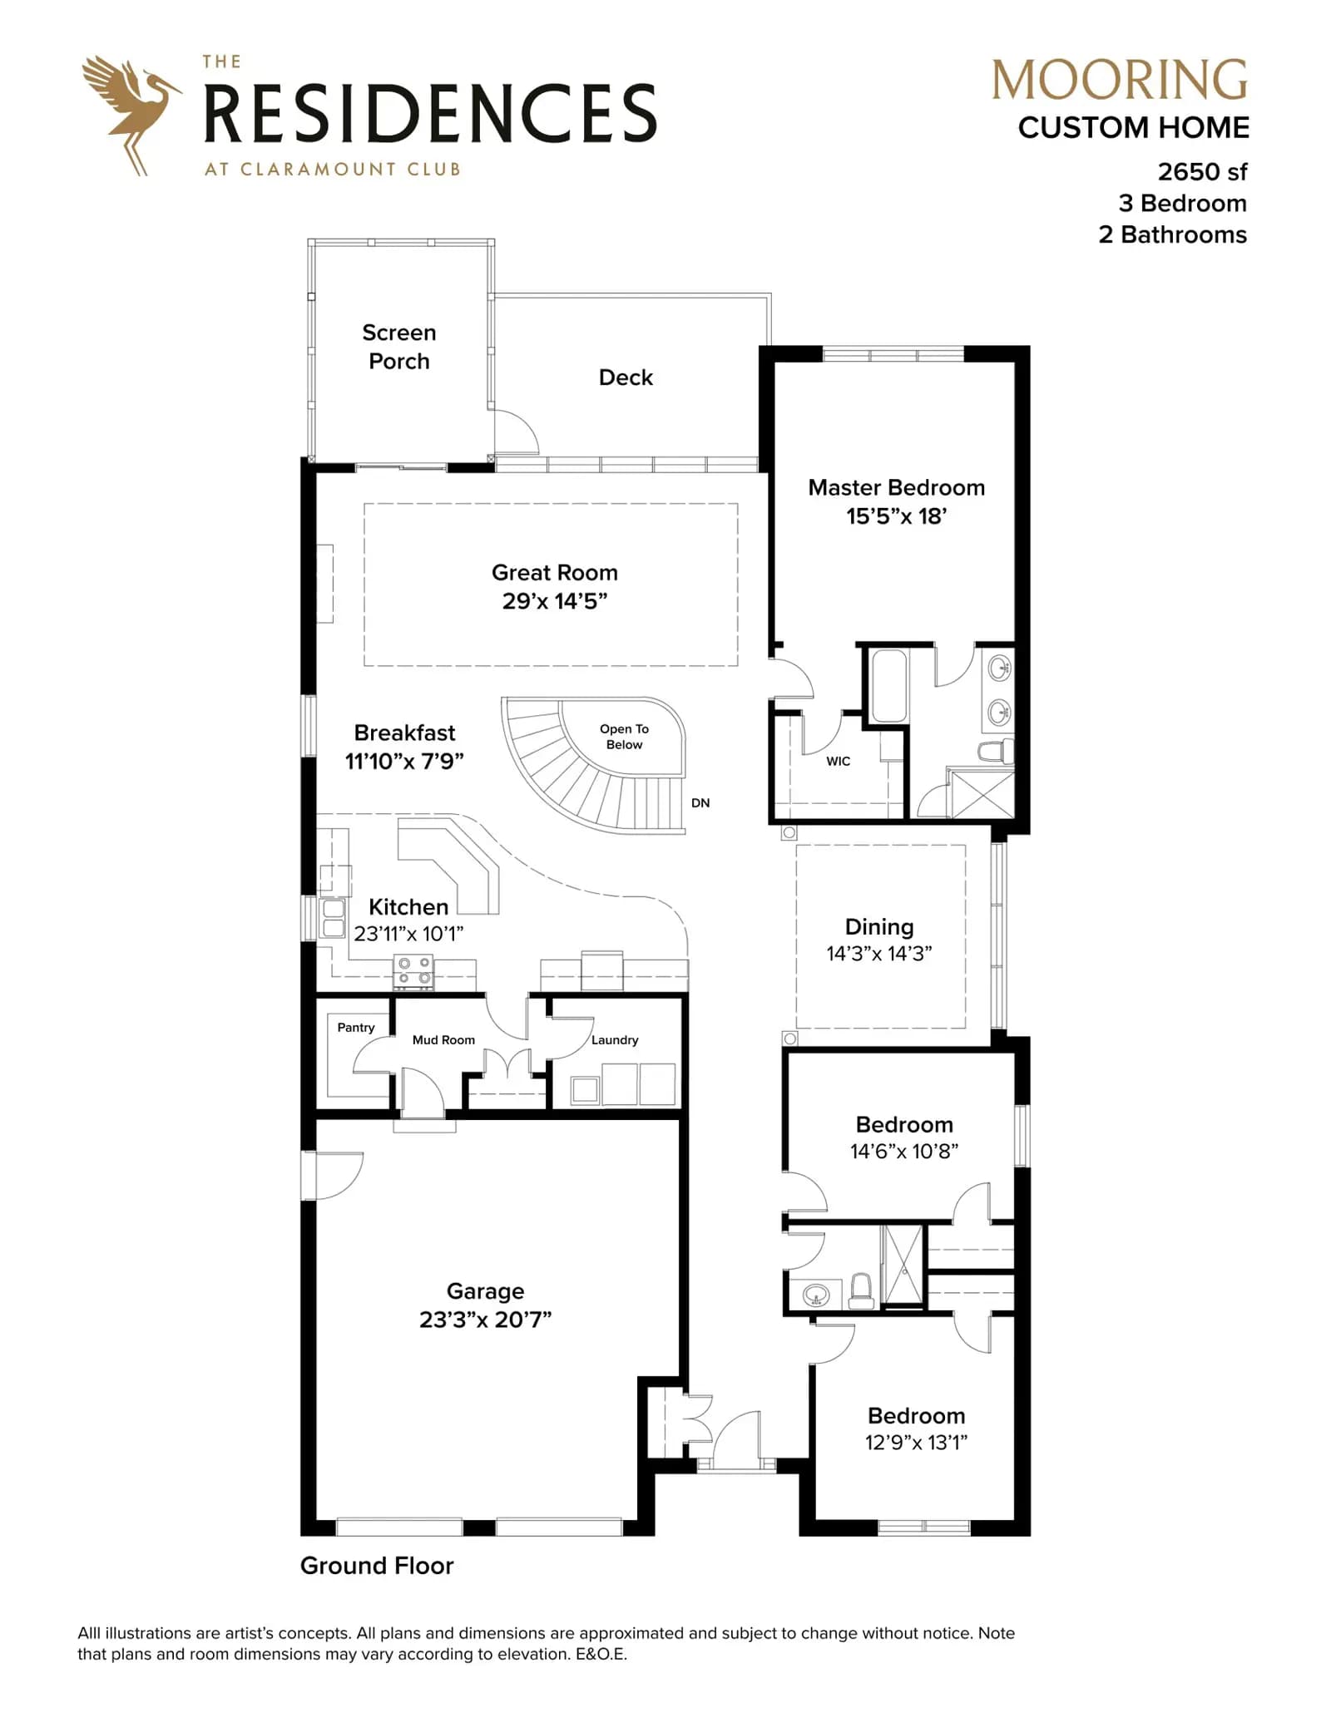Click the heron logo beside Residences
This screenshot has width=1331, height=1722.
click(131, 115)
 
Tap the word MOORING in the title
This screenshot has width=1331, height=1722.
click(1120, 81)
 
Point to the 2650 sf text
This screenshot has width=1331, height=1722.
click(1202, 171)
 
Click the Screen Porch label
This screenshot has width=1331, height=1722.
click(399, 347)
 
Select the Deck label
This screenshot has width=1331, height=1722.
click(626, 377)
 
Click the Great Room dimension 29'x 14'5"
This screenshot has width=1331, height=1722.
click(555, 601)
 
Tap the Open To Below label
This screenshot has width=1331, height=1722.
click(624, 737)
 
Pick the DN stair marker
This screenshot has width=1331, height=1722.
click(700, 803)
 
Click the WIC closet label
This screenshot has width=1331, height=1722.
click(839, 761)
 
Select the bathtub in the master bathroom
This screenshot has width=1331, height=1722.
click(888, 685)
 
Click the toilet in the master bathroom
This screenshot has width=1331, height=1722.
click(996, 752)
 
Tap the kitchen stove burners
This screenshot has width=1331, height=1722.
click(413, 972)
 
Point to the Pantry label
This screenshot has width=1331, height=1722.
click(356, 1028)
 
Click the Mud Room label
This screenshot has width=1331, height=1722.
click(443, 1040)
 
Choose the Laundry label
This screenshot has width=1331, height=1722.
click(615, 1040)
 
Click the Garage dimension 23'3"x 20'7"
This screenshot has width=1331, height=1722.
click(486, 1320)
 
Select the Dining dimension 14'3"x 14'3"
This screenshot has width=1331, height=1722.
click(879, 954)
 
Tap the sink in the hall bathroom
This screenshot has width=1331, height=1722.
click(815, 1295)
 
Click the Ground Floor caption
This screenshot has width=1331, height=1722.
click(377, 1566)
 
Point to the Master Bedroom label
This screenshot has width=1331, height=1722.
click(897, 487)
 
